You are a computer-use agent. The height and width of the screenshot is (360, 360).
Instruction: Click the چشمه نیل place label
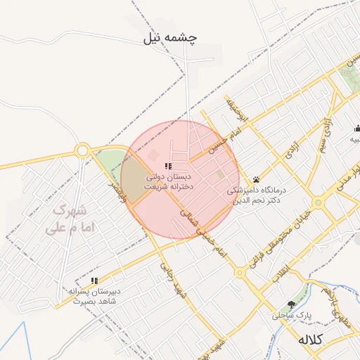170,38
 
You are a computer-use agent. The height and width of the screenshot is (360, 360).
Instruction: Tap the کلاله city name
309,340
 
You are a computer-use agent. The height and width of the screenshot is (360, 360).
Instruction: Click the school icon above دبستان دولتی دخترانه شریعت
167,166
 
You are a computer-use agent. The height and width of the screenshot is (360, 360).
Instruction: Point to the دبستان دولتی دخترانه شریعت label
169,183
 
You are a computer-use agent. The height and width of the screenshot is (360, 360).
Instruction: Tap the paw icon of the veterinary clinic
256,179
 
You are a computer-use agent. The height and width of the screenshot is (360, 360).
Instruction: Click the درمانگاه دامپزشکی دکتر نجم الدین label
255,195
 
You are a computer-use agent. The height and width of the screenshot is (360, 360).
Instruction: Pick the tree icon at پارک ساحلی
292,304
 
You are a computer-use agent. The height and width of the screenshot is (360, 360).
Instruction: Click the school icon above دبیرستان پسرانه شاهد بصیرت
94,281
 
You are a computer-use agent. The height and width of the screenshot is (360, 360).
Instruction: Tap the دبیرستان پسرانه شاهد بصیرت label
95,296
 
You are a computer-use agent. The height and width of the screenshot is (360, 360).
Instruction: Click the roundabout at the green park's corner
83,150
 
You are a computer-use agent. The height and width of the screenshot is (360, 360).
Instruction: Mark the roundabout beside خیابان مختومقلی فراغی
318,202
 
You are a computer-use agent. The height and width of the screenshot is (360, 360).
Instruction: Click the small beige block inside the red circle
220,174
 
